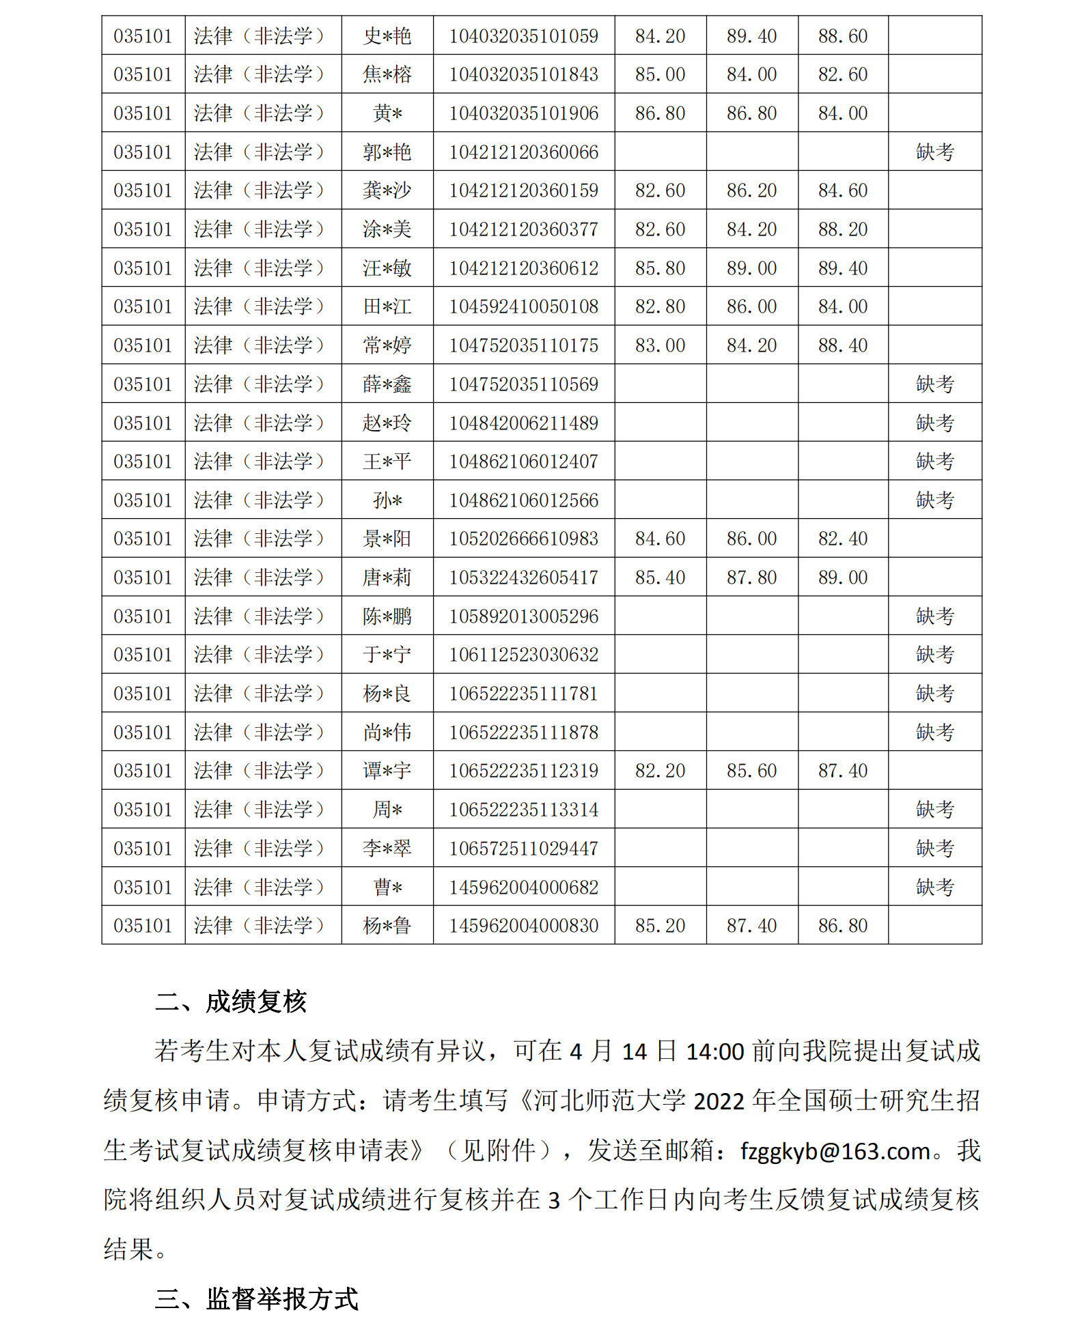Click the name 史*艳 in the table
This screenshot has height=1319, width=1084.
click(x=387, y=36)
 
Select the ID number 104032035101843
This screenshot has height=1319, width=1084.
click(x=523, y=74)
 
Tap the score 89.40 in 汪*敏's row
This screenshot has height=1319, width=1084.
click(x=843, y=268)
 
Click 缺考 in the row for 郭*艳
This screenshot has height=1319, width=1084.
click(x=934, y=152)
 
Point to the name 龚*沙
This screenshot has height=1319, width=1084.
click(x=387, y=190)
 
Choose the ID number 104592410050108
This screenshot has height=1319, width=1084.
click(x=523, y=307)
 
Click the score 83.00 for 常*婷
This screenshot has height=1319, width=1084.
click(x=660, y=345)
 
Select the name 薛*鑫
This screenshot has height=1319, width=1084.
click(x=387, y=384)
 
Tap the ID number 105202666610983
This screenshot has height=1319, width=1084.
click(x=523, y=539)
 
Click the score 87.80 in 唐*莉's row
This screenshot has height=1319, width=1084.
click(x=751, y=578)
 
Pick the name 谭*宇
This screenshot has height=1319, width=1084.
click(x=387, y=771)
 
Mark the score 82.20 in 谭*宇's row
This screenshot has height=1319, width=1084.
click(x=660, y=771)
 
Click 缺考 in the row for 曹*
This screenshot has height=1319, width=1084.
click(x=934, y=888)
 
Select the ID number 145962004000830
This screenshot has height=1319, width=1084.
click(x=523, y=926)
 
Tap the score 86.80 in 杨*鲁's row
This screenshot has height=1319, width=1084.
click(x=843, y=926)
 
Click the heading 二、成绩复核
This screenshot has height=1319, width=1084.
click(x=231, y=1002)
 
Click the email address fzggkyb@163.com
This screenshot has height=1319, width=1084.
click(x=835, y=1152)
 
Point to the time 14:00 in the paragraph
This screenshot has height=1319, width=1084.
click(x=714, y=1052)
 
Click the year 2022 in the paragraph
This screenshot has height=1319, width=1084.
click(x=719, y=1102)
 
